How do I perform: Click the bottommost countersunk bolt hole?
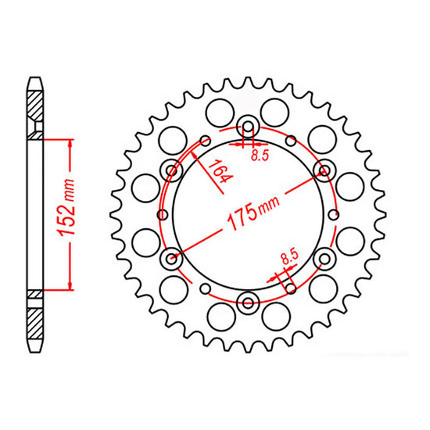(248, 300)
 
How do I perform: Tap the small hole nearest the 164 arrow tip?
(205, 141)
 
